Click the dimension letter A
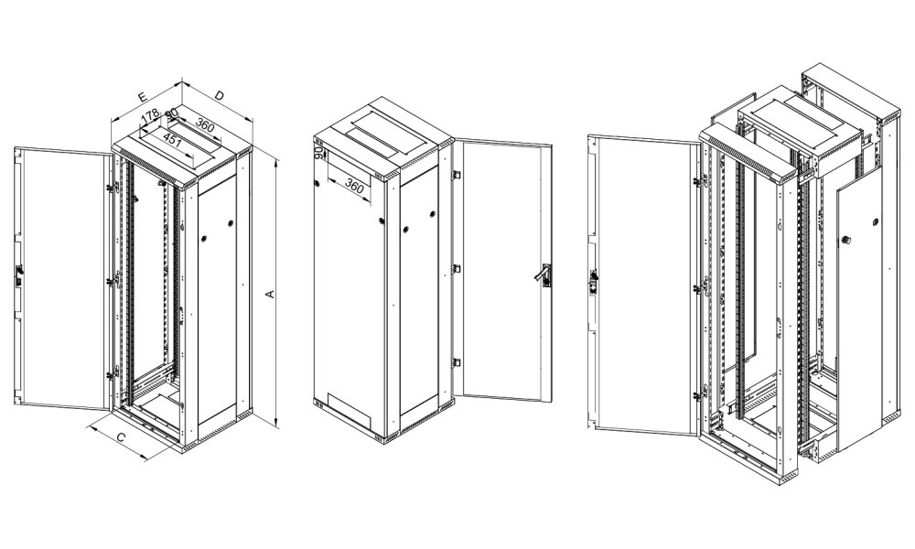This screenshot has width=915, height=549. point(269,294)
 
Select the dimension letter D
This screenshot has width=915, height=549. point(220,95)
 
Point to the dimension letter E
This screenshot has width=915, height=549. point(142,94)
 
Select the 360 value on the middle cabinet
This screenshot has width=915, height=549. point(354,187)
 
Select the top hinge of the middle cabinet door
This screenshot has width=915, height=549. point(455,170)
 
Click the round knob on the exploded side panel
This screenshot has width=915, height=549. point(845,241)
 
